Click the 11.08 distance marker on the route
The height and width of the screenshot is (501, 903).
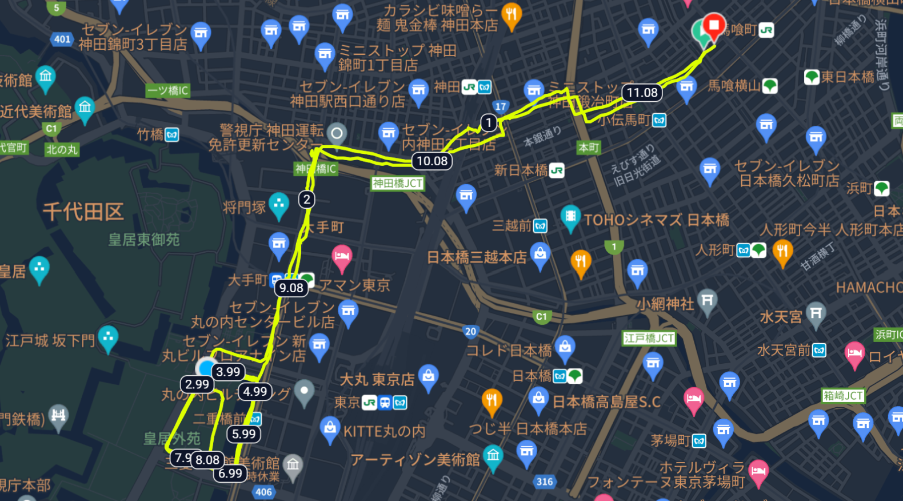pos(642,93)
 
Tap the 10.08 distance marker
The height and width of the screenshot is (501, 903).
pos(432,161)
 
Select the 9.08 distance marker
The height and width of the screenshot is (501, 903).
pos(291,288)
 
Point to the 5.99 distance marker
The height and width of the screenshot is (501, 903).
pos(244,434)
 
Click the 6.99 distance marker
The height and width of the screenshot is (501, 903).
pos(230,474)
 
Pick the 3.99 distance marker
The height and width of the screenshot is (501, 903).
pos(228,372)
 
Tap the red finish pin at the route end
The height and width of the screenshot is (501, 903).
pos(713,26)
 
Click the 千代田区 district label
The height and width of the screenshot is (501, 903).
pos(83,212)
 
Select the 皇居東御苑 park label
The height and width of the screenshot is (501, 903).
pos(144,240)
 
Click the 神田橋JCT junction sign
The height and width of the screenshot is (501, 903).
pos(398,184)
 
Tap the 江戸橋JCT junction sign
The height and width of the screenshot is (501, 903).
pos(649,339)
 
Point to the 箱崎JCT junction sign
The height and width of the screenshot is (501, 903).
pos(843,396)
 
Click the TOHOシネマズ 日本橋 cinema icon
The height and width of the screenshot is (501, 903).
pos(570,217)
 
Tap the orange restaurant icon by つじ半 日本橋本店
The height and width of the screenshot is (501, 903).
pos(492,400)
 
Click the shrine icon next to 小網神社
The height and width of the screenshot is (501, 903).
pos(708,301)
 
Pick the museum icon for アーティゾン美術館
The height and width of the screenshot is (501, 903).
pos(493,457)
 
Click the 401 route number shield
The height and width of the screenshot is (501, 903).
pos(62,39)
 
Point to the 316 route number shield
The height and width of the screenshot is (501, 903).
pos(545,482)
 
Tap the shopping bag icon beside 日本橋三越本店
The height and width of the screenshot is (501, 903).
pos(540,254)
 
